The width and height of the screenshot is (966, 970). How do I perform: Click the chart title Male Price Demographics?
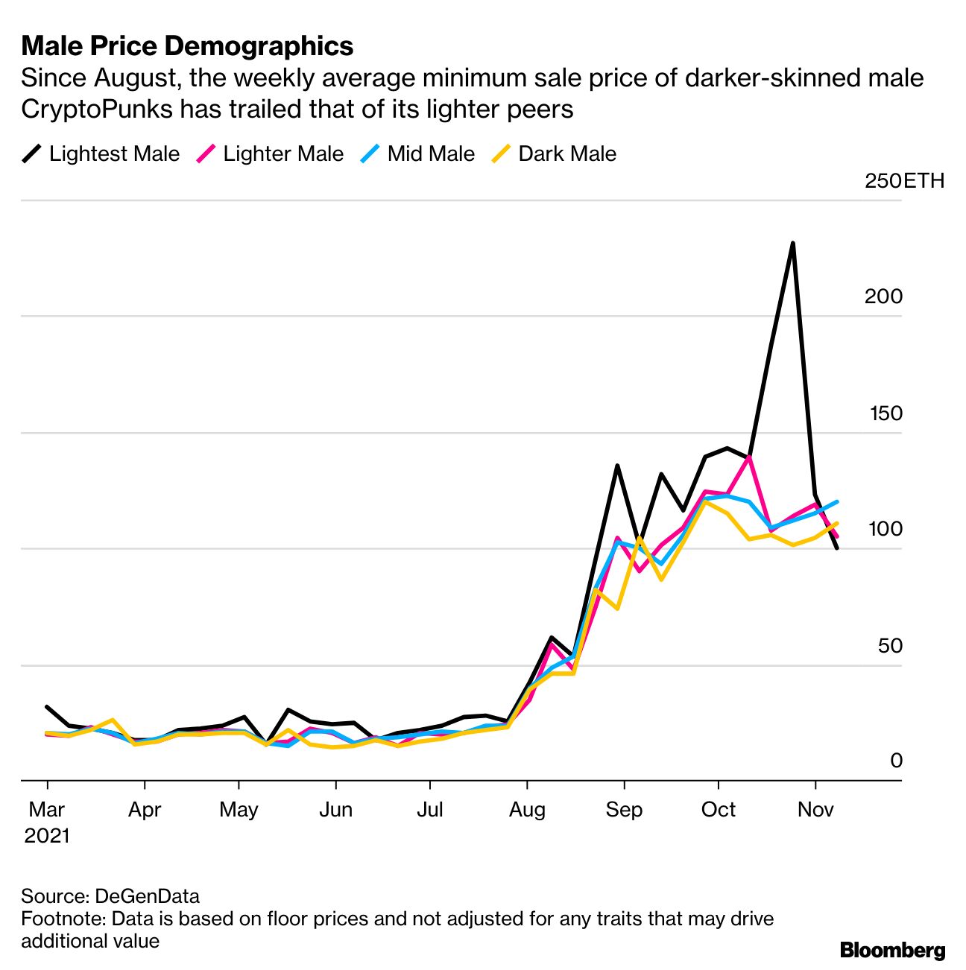tap(187, 46)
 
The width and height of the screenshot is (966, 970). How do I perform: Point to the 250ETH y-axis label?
tap(904, 181)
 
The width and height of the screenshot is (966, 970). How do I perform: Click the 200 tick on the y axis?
tap(883, 297)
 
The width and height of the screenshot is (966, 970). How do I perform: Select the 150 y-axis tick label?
tap(885, 413)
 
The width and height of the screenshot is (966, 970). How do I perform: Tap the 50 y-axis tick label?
tap(890, 646)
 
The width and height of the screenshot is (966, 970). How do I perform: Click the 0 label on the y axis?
tap(896, 761)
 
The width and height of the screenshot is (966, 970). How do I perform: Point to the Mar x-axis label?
tap(47, 809)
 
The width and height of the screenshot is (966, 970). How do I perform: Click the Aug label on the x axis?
tap(527, 809)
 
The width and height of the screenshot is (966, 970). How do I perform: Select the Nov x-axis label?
tap(815, 809)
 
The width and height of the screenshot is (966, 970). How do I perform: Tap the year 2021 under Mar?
tap(47, 836)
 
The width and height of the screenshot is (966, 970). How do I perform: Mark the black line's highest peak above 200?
tap(792, 244)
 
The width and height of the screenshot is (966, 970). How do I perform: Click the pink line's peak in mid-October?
tap(748, 456)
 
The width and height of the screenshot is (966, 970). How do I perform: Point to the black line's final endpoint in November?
tap(837, 548)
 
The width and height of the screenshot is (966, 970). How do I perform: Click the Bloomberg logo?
tap(892, 950)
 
